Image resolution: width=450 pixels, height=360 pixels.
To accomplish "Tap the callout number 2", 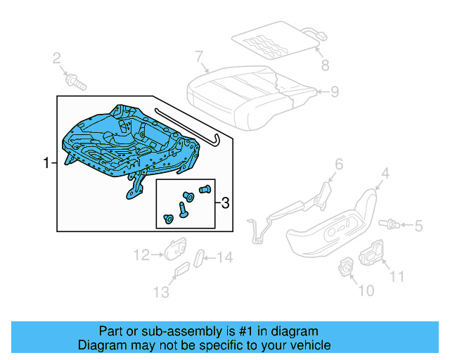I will [56, 59].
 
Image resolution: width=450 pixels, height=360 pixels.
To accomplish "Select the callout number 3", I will [225, 204].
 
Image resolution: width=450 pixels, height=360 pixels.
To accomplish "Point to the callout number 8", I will [325, 67].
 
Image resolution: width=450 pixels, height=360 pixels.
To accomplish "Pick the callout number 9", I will [335, 91].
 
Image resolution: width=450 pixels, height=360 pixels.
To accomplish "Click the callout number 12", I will [142, 255].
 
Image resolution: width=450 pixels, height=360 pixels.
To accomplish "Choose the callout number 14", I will [224, 258].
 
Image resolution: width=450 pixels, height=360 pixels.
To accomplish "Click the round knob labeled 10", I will [346, 266].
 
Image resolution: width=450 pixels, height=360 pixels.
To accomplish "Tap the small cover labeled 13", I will [181, 271].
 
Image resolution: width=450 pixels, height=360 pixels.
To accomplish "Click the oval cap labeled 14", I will [200, 257].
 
